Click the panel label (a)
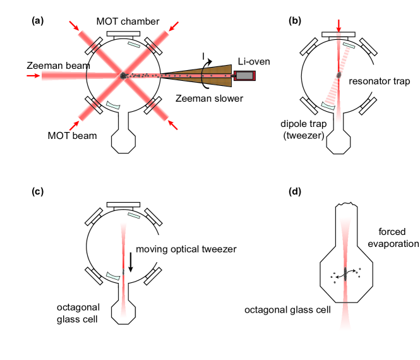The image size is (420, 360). coord(37,21)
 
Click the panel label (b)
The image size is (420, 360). coord(295,21)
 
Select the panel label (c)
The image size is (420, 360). coord(37,191)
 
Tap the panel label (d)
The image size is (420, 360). coord(295,191)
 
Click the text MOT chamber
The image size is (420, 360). coord(128,21)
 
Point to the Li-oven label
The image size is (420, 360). coord(254,62)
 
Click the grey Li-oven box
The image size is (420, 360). coord(244,76)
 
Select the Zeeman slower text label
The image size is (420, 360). coord(209,99)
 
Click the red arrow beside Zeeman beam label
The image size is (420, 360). coord(33,76)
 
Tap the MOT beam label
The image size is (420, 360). coord(72,136)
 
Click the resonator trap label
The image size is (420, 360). coord(380,81)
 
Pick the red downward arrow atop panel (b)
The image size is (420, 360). coord(339,26)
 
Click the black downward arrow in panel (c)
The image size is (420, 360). coord(131,262)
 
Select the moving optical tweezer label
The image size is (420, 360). coord(186,249)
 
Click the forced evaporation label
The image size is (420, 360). coord(393,237)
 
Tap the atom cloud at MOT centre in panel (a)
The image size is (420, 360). coord(123,76)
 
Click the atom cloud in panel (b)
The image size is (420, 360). coord(339,75)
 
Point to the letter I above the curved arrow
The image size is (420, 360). coord(203,56)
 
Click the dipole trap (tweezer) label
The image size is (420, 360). coord(304,129)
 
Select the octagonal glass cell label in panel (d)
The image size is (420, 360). coord(287,310)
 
